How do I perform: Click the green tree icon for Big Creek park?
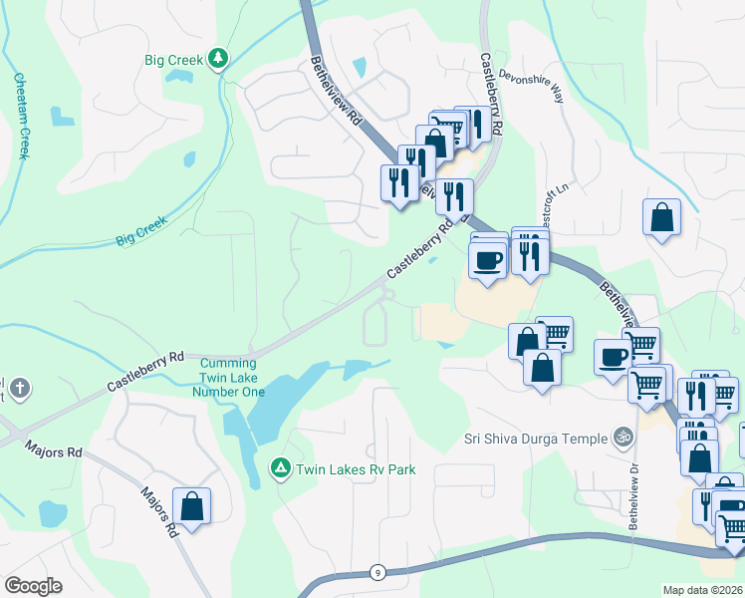pos(218,60)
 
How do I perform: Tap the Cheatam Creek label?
pos(22,116)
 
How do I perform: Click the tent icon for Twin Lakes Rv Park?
pos(281,467)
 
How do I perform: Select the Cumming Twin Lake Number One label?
pos(229,378)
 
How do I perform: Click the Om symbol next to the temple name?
pos(623,437)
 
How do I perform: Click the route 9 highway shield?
pos(376,571)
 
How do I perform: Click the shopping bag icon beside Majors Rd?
pos(192,506)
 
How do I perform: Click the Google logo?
pos(34,585)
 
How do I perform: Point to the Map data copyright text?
pos(701,590)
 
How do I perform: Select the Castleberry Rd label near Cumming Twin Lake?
pos(147,370)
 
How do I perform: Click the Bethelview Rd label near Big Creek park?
pos(335,101)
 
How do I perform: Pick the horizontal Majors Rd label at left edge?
pos(55,450)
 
